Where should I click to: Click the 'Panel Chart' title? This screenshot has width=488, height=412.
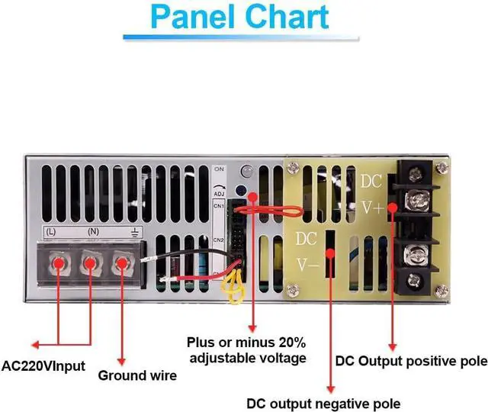tap(240, 17)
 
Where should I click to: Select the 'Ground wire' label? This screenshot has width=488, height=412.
tap(137, 375)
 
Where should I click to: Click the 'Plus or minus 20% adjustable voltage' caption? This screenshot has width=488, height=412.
tap(247, 350)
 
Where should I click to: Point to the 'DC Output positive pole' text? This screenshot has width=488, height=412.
tap(410, 360)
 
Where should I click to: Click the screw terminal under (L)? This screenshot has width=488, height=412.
tap(58, 265)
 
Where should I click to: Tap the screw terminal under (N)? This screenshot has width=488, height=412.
tap(89, 265)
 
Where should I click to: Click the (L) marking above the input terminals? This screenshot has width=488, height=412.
tap(51, 230)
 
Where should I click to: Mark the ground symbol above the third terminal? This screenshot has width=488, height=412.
tap(133, 230)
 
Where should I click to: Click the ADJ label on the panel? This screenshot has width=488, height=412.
tap(220, 193)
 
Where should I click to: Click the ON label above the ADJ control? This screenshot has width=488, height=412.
tap(220, 168)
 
